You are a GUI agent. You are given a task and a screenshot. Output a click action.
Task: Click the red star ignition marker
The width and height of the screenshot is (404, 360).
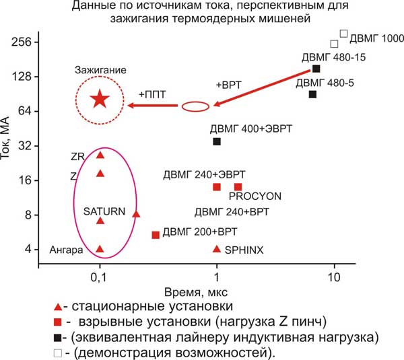(x=100, y=99)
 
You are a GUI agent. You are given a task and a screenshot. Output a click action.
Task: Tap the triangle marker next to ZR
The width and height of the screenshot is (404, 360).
(x=100, y=155)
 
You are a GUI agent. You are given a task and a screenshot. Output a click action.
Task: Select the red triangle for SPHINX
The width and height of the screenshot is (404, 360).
(x=217, y=249)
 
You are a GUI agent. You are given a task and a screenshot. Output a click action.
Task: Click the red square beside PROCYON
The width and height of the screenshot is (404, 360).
(x=238, y=187)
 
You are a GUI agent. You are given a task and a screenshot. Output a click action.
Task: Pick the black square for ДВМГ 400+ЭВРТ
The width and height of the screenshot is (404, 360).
(x=217, y=141)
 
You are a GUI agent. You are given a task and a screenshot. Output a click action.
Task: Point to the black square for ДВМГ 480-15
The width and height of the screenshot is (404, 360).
(x=316, y=69)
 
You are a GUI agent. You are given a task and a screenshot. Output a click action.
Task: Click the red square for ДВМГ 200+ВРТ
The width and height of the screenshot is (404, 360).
(x=156, y=235)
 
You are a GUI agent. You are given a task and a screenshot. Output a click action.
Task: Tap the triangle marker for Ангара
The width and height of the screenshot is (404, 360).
(x=100, y=249)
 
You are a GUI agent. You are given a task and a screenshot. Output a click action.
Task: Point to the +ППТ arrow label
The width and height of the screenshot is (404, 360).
(x=151, y=94)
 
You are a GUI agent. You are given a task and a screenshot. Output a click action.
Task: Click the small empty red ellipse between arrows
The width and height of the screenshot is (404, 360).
(x=196, y=105)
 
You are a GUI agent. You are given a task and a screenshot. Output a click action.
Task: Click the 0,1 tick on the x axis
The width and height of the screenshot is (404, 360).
(x=100, y=277)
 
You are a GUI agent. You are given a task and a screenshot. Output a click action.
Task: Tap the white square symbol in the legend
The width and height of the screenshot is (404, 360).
(x=59, y=352)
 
